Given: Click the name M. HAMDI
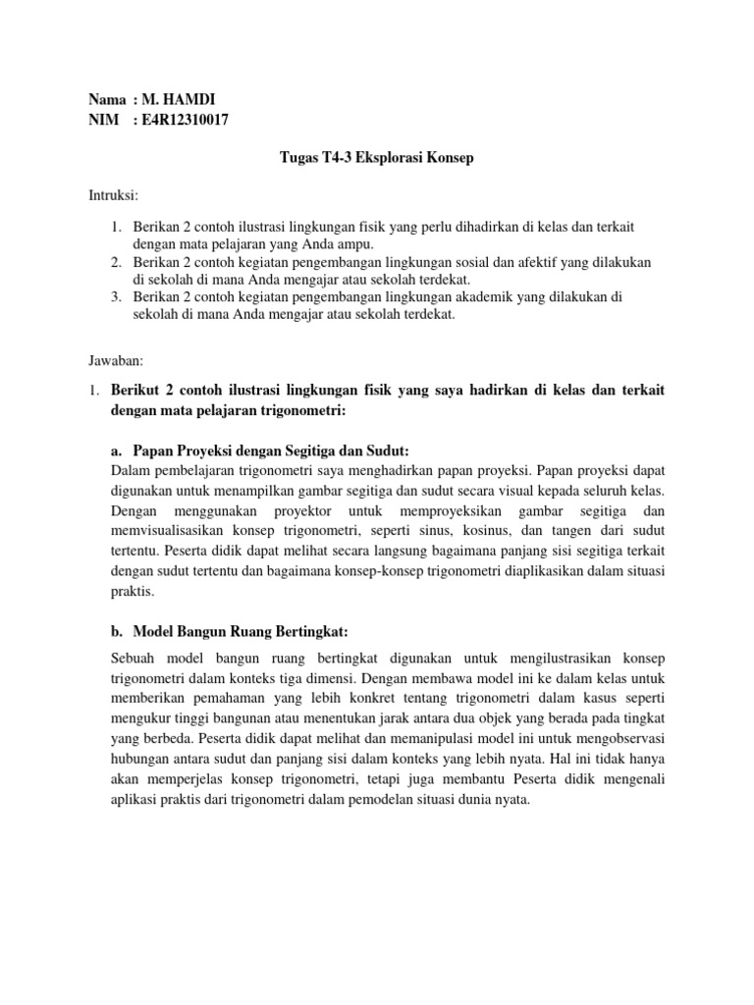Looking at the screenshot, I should point(181,100).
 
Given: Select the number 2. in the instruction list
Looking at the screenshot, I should point(115,263).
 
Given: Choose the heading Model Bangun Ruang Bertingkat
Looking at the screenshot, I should point(236,629).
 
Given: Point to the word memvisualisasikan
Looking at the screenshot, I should point(172,530).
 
